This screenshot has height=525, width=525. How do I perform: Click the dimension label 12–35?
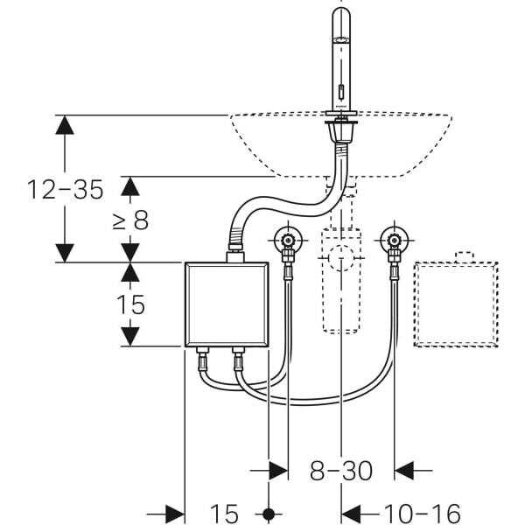[x=66, y=190]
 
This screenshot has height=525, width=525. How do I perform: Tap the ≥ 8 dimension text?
[x=130, y=220]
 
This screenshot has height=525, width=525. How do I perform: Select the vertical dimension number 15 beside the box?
[x=131, y=304]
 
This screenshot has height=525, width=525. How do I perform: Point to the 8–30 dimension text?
[x=341, y=471]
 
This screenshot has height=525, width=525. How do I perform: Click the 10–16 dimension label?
[x=423, y=513]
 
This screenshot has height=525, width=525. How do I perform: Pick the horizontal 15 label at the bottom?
[x=224, y=513]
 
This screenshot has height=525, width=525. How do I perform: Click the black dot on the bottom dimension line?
[x=269, y=514]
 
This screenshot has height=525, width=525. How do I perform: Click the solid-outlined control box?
[x=227, y=304]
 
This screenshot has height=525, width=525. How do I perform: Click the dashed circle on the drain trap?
[x=341, y=258]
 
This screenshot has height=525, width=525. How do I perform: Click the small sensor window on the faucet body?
[x=341, y=91]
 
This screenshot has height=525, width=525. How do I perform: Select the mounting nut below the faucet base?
[x=341, y=133]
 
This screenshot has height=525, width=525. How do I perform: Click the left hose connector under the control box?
[x=202, y=359]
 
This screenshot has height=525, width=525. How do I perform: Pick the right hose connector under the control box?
[x=238, y=359]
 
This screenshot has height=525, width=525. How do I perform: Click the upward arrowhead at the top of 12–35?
[x=65, y=124]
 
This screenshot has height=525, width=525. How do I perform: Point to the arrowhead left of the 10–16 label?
[x=351, y=514]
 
